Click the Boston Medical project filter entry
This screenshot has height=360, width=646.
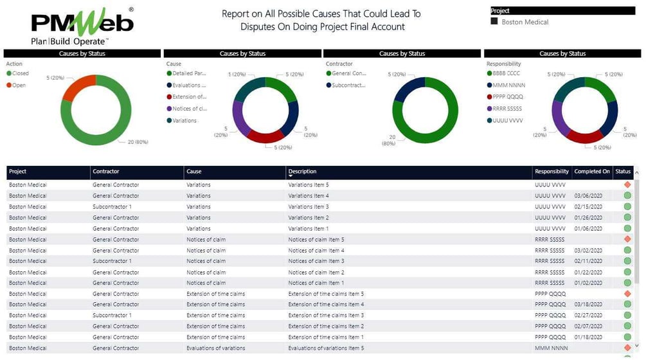click(525, 22)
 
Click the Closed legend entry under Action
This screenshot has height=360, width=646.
click(20, 73)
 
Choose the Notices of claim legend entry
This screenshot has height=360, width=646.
click(189, 109)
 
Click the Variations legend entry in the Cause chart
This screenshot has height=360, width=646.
click(184, 120)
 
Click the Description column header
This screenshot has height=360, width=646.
click(302, 172)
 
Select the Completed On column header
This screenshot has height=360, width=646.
click(592, 172)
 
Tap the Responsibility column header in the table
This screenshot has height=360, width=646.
click(552, 172)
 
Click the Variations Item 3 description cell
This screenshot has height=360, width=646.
click(309, 207)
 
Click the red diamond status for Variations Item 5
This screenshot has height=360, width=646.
click(627, 185)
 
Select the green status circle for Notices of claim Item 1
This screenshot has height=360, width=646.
click(627, 283)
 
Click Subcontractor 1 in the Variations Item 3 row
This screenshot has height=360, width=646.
click(112, 207)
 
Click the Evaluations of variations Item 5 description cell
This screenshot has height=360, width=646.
click(325, 348)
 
